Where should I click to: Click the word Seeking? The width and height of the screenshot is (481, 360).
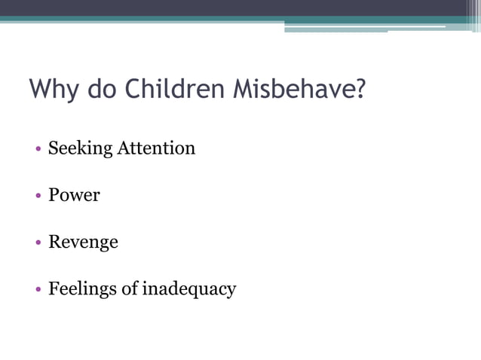click(79, 148)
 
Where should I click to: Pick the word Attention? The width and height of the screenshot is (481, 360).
click(156, 148)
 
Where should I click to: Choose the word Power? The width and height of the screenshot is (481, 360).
click(74, 195)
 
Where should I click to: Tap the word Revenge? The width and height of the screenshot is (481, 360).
click(83, 243)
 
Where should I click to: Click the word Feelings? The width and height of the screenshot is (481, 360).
click(82, 289)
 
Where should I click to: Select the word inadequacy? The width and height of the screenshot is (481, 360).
click(189, 289)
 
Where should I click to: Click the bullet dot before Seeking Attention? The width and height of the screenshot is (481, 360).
click(38, 149)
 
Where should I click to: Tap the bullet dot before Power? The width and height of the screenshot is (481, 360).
click(38, 196)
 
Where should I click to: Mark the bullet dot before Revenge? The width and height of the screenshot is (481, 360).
click(38, 243)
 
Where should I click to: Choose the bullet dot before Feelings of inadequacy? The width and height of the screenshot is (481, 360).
click(38, 290)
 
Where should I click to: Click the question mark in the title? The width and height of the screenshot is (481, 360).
click(360, 90)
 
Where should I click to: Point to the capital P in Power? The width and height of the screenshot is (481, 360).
click(54, 195)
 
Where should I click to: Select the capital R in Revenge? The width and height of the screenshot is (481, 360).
click(54, 243)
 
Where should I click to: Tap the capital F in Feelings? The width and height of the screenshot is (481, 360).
click(54, 288)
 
